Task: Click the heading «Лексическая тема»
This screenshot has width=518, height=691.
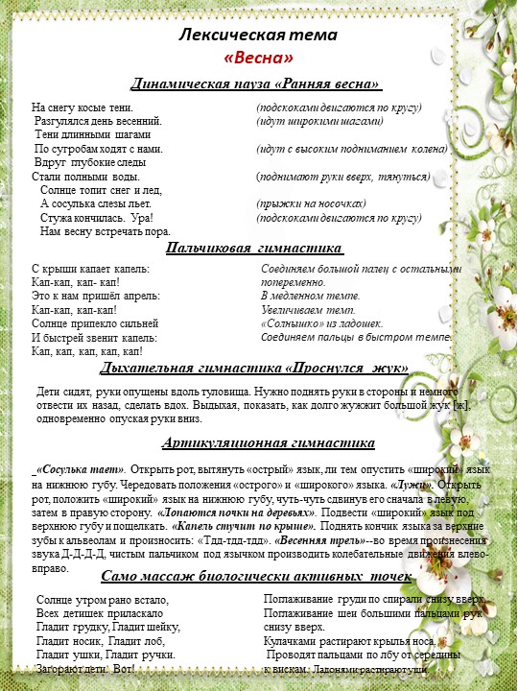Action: pos(258,36)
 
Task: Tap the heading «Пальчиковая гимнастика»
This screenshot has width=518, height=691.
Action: pos(254,250)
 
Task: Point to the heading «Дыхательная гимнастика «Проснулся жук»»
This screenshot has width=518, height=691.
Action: pos(255,368)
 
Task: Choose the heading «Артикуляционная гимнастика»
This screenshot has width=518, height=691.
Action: pos(254,443)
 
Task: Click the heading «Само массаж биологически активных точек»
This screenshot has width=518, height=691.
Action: pos(256,576)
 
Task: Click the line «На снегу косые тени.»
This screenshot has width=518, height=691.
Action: pos(82,107)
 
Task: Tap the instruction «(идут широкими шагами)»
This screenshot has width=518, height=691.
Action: pos(319,122)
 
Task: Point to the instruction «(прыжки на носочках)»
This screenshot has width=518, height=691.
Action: pos(311,204)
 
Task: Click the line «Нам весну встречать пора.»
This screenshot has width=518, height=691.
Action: pos(106,231)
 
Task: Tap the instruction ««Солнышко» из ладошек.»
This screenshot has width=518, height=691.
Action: pos(322,324)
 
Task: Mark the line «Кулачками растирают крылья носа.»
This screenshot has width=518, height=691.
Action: pos(349,640)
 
